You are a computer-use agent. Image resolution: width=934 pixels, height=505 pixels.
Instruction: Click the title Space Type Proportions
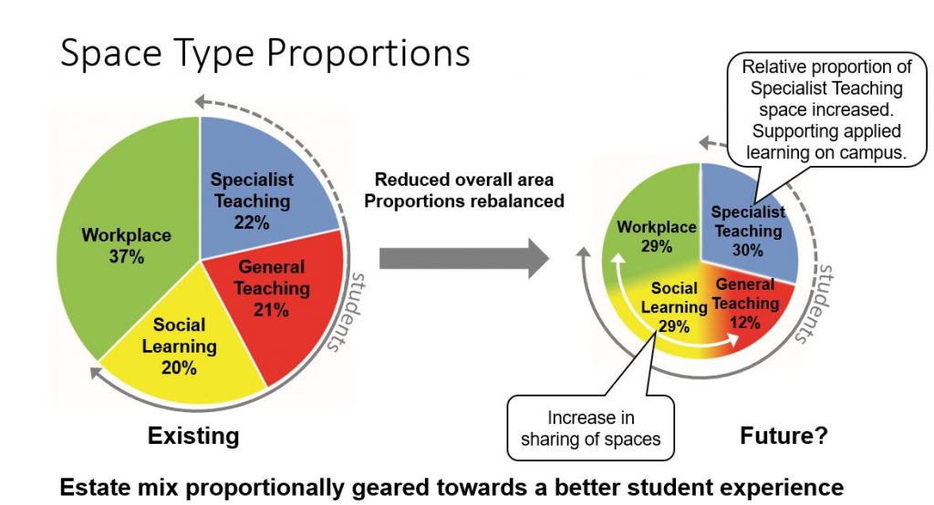click(x=265, y=54)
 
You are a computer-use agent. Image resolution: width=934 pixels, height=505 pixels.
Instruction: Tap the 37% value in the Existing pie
click(x=126, y=257)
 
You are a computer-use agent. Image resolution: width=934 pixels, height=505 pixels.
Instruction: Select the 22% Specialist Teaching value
click(x=252, y=222)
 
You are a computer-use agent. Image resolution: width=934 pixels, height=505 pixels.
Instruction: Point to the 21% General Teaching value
click(x=271, y=310)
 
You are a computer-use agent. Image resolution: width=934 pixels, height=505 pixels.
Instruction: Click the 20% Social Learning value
click(x=179, y=367)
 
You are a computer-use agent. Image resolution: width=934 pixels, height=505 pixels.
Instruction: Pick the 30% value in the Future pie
click(x=748, y=250)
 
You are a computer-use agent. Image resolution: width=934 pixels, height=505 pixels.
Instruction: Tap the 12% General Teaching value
click(x=744, y=323)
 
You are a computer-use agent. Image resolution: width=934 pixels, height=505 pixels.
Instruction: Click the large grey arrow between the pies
click(x=464, y=259)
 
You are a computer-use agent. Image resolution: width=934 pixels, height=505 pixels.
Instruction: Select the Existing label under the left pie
click(x=193, y=436)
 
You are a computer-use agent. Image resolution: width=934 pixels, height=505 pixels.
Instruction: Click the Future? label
click(x=784, y=436)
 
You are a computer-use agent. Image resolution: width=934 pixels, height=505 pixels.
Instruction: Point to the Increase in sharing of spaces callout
click(x=590, y=428)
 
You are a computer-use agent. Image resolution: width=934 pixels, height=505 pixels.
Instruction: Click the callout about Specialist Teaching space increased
click(x=826, y=109)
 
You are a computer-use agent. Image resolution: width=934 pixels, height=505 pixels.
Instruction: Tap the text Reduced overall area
click(x=464, y=180)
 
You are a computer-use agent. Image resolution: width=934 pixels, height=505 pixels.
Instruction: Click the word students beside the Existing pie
click(x=346, y=312)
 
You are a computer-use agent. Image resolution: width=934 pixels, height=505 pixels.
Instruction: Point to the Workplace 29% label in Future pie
click(x=657, y=236)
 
